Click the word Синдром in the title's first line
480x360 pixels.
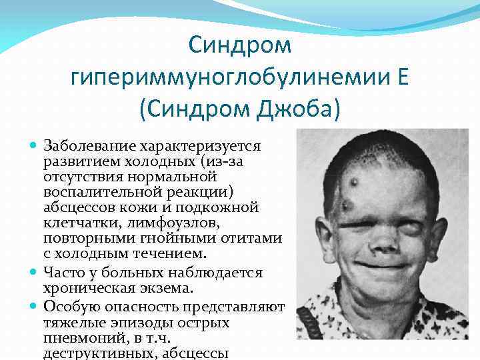click(x=240, y=46)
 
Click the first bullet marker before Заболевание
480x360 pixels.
click(x=35, y=145)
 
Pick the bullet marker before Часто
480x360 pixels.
click(x=35, y=272)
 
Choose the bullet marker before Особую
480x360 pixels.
click(x=35, y=305)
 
